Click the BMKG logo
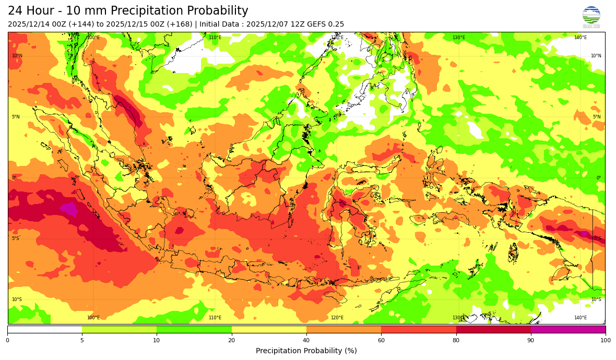[x=591, y=17]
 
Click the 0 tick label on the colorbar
[x=7, y=340]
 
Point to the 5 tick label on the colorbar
[x=82, y=340]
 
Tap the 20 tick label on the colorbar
[x=231, y=340]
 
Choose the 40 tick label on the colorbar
[x=306, y=340]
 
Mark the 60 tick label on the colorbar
[x=381, y=340]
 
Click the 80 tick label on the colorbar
[x=456, y=340]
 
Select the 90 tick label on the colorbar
[x=531, y=340]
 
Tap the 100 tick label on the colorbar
[x=605, y=340]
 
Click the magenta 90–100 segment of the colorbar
[x=568, y=329]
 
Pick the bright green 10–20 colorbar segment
[x=194, y=329]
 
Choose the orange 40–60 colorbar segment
[x=343, y=329]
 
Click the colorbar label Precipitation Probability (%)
[x=306, y=351]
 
